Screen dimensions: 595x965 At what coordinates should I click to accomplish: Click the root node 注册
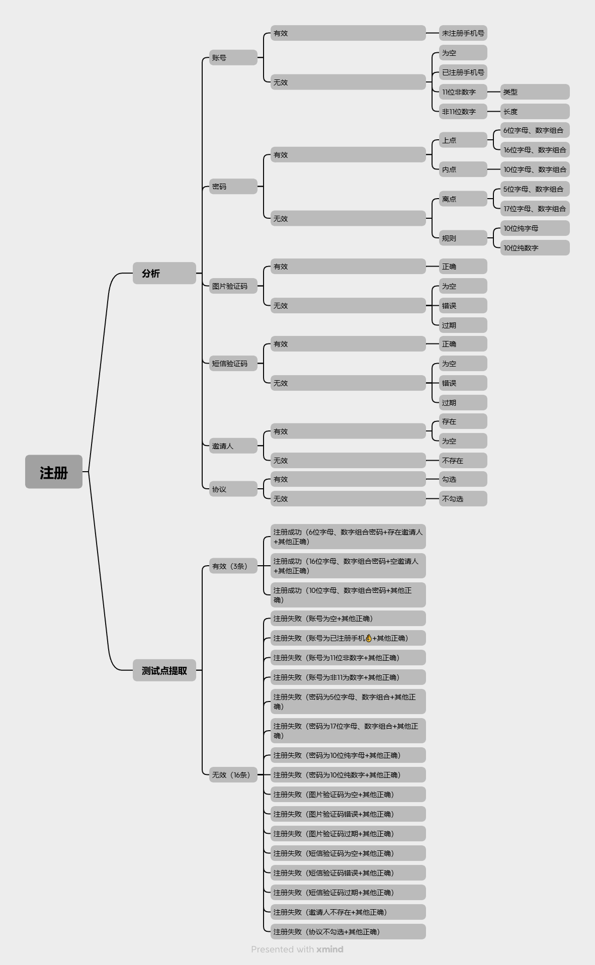tap(54, 472)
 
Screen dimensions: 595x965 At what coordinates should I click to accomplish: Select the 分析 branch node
tap(164, 273)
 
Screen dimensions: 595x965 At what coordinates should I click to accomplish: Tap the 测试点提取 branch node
tap(164, 670)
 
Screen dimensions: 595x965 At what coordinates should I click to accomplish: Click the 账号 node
tap(233, 57)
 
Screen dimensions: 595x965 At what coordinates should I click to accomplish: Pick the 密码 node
tap(233, 187)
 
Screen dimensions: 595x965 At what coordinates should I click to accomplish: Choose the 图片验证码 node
tap(233, 286)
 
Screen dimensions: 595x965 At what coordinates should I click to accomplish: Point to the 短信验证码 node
tap(233, 364)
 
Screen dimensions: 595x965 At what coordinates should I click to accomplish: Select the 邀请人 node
tap(233, 446)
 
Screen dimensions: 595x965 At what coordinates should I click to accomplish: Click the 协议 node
tap(233, 489)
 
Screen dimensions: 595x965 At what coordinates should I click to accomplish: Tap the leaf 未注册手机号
tap(463, 33)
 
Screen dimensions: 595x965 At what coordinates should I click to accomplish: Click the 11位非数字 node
tap(463, 92)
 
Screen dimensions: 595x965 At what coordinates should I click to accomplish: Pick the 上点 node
tap(463, 140)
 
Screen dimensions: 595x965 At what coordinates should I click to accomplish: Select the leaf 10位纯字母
tap(535, 228)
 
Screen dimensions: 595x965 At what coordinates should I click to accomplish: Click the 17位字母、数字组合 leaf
tap(535, 209)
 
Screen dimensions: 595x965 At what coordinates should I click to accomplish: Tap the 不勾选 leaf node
tap(463, 499)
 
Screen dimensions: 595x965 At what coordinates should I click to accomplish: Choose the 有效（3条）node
tap(233, 566)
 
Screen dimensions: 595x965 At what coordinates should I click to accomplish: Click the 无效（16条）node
tap(233, 775)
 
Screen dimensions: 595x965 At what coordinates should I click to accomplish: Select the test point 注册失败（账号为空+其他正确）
tap(348, 619)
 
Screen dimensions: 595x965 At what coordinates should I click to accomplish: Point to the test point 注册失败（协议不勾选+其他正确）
tap(348, 932)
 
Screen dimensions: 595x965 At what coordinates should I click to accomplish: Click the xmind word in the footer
tap(330, 949)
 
